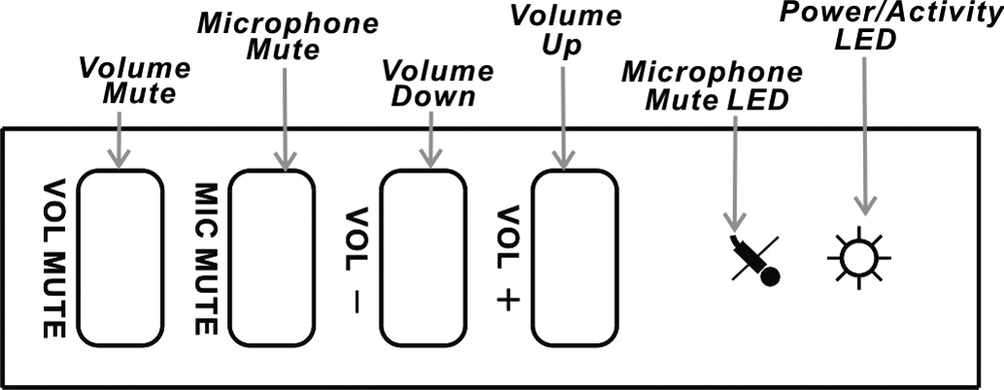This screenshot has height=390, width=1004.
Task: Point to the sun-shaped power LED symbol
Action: (858, 258)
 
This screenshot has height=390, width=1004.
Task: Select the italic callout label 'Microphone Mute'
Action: (287, 37)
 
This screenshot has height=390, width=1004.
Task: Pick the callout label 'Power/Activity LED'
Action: (864, 26)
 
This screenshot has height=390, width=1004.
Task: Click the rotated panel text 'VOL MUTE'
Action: (53, 258)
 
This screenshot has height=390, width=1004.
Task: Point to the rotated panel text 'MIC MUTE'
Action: (207, 258)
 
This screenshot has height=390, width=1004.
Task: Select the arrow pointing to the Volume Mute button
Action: (118, 136)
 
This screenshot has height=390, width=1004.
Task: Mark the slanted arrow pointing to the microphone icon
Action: (736, 175)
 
